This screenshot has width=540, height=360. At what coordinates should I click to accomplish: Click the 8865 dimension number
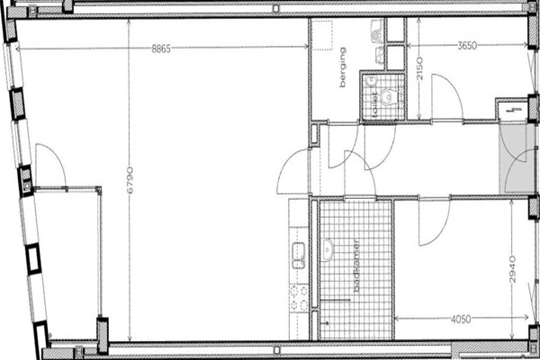[161, 49]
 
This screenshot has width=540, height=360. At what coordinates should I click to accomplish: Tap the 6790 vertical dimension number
[130, 180]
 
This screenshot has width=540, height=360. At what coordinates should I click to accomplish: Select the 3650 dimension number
[467, 46]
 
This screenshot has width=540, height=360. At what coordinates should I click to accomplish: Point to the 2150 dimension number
[419, 68]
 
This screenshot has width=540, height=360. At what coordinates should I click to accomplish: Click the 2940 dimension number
[513, 269]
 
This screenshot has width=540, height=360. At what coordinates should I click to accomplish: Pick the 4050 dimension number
[461, 319]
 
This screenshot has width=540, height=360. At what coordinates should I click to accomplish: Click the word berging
[343, 67]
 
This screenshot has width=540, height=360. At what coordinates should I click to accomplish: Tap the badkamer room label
[356, 265]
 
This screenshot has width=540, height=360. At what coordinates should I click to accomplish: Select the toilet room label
[374, 103]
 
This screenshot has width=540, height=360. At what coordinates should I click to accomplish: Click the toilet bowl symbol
[389, 97]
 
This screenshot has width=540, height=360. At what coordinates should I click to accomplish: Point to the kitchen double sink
[299, 256]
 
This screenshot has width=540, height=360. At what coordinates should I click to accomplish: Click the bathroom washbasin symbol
[328, 249]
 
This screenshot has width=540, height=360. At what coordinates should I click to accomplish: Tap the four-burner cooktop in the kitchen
[299, 298]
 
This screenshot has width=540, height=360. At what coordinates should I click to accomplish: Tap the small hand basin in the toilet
[371, 81]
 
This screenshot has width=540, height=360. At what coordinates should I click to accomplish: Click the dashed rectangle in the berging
[322, 35]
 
